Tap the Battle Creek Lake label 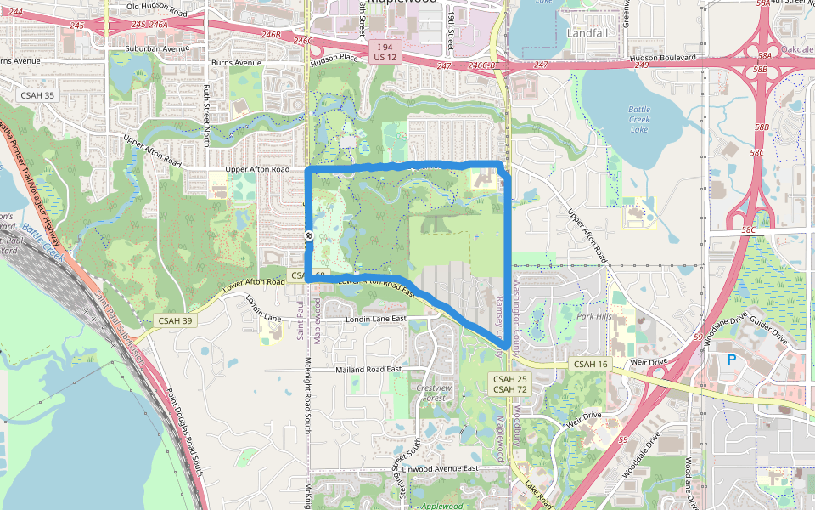tap(639, 119)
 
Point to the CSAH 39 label tap(175, 320)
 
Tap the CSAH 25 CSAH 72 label tap(510, 382)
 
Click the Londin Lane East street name tap(376, 319)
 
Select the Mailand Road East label tap(368, 370)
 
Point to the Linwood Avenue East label tap(440, 468)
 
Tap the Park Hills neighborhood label tap(593, 316)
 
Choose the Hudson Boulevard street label tap(662, 57)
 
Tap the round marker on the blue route tap(309, 236)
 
